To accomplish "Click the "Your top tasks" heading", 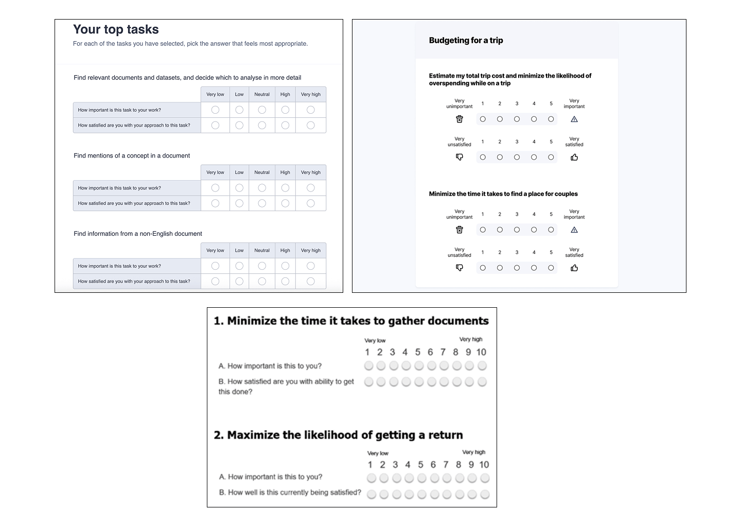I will click(116, 30).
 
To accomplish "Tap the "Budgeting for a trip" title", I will click(466, 40).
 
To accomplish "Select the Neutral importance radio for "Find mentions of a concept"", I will click(262, 188).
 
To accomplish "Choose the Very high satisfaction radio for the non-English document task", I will click(310, 282).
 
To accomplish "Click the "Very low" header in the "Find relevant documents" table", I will click(215, 94).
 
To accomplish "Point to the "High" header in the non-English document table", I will click(285, 251).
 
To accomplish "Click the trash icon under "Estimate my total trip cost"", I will click(460, 119).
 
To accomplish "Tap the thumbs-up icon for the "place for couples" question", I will click(574, 268).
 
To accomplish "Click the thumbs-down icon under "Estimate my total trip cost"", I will click(460, 157).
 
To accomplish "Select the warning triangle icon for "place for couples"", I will click(574, 230).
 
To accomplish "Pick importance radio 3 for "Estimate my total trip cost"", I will click(517, 119).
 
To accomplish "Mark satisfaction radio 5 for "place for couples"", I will click(551, 268).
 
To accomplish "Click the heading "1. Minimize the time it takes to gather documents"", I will click(351, 321).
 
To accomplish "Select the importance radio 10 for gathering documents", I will click(482, 366).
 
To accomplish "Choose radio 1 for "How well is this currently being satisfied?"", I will click(371, 494).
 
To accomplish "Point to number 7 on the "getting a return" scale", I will click(446, 465).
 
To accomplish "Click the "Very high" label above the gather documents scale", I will click(471, 340).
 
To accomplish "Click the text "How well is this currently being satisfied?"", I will click(290, 493).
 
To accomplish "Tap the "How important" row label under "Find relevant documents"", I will click(119, 110).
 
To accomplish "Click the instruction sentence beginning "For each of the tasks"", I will click(190, 44).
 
